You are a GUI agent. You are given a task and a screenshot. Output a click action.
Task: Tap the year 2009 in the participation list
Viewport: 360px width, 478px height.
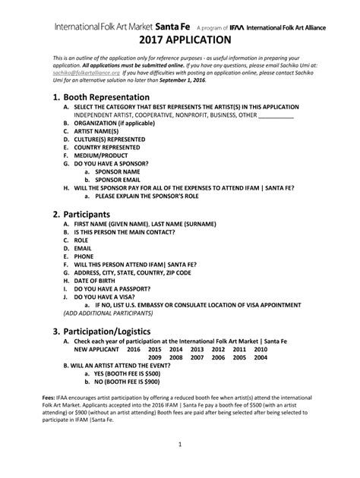pos(155,359)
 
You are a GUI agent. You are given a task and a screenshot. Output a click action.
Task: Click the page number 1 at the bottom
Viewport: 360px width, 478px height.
pos(179,464)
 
